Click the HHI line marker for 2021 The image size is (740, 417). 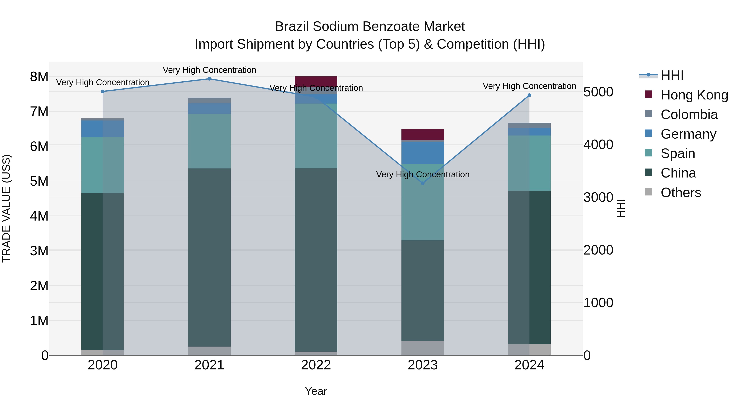(x=209, y=79)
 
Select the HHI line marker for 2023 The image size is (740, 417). (x=423, y=183)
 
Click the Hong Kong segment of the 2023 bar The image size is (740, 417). (x=423, y=134)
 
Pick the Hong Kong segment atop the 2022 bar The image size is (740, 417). (x=316, y=81)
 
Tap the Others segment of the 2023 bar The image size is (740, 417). (x=423, y=348)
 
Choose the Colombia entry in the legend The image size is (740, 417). (x=689, y=114)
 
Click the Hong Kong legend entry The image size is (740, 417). (x=694, y=95)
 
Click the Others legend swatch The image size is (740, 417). (x=648, y=192)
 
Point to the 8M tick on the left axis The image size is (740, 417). (x=39, y=77)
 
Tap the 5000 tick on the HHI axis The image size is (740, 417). (x=598, y=92)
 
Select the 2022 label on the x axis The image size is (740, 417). (x=316, y=365)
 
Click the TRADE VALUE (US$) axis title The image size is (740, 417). (x=6, y=209)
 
